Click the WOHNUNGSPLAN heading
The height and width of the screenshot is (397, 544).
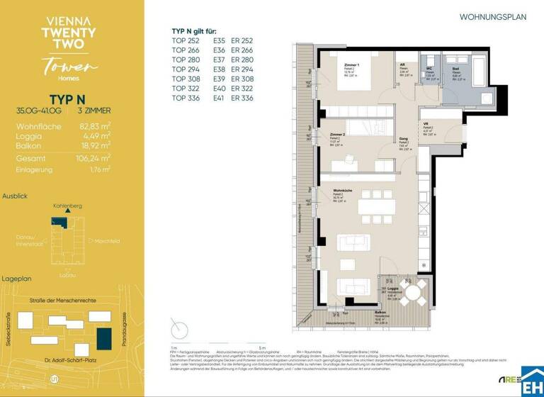pyautogui.click(x=493, y=17)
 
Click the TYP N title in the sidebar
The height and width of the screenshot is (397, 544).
pyautogui.click(x=68, y=98)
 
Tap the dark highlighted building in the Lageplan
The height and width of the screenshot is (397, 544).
pyautogui.click(x=105, y=338)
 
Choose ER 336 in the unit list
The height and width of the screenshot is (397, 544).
pyautogui.click(x=242, y=97)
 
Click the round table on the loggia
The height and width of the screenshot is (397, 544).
pyautogui.click(x=413, y=291)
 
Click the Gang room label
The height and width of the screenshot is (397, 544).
pyautogui.click(x=403, y=140)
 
